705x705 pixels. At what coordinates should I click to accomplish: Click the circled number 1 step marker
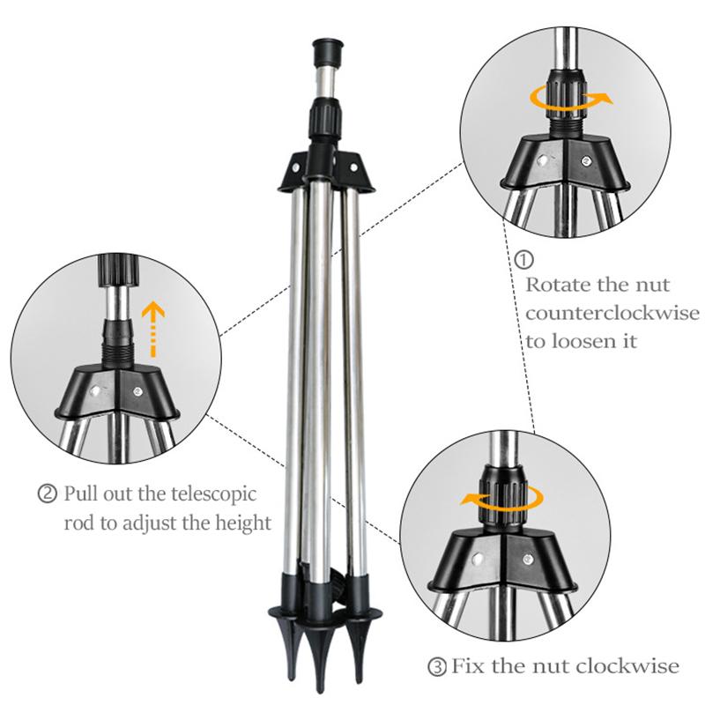tap(524, 261)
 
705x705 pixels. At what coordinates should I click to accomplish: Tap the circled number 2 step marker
tap(48, 493)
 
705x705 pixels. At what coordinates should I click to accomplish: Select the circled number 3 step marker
tap(438, 666)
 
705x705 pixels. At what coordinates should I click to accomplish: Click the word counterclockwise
tap(612, 314)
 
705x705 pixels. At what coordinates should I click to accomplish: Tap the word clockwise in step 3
tap(634, 666)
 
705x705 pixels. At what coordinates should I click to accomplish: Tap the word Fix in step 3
tap(469, 666)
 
